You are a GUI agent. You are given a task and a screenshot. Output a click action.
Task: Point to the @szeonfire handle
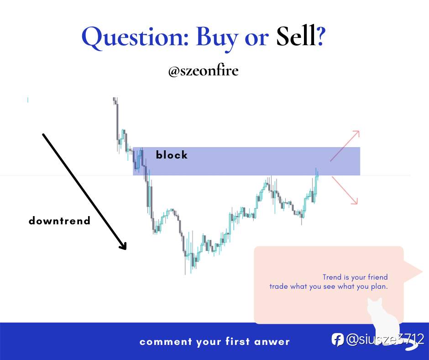pos(203,70)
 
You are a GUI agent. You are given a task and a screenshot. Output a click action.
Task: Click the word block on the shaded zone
pos(172,155)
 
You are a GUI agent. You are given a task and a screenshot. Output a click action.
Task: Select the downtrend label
pos(59,221)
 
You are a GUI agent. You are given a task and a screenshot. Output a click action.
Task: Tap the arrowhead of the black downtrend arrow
pos(124,246)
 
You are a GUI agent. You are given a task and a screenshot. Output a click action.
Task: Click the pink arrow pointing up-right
pos(345,146)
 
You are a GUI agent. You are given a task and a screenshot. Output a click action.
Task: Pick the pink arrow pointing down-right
pos(345,191)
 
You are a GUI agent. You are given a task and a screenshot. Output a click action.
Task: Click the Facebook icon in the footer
pos(338,340)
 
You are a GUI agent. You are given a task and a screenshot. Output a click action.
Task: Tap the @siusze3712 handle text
pos(385,339)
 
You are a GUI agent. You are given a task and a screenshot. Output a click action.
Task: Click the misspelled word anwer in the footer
pos(272,342)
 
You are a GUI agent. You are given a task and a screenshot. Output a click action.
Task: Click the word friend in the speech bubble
pos(378,277)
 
